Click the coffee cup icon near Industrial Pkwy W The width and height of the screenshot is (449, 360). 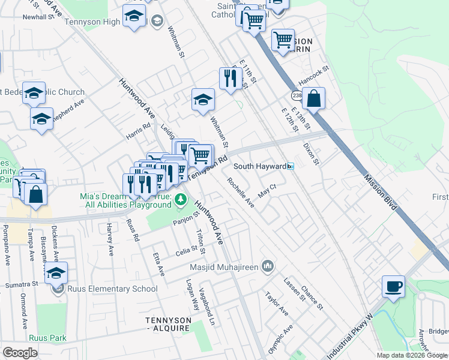394,286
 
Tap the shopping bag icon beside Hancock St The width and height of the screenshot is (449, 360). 313,98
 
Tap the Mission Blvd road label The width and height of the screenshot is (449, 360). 381,193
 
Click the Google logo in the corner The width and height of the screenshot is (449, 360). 20,353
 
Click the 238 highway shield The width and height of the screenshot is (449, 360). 297,95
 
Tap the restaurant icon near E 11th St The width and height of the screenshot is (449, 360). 231,78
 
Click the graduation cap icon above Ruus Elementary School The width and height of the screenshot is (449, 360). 56,273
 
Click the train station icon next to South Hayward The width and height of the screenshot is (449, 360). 290,166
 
